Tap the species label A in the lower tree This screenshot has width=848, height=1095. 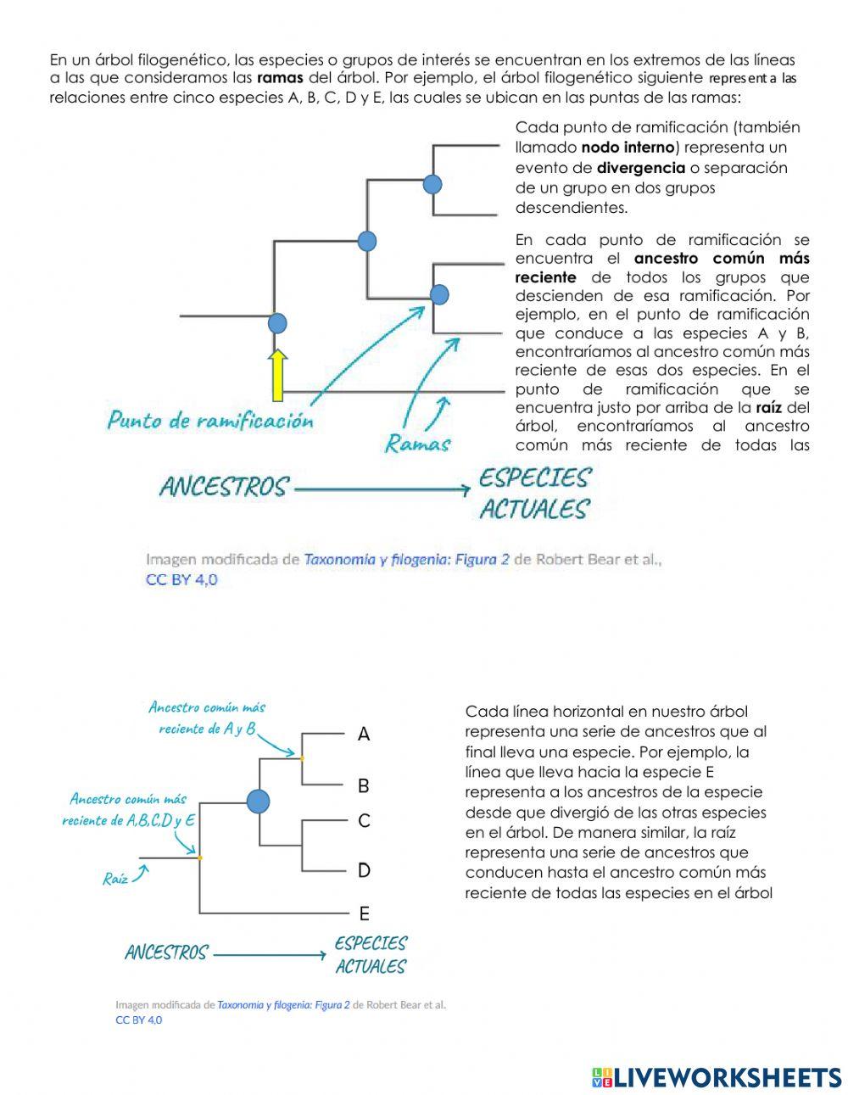point(364,735)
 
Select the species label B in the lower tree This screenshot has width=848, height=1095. point(364,786)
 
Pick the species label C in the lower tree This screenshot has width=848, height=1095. point(364,821)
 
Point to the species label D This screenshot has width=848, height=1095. point(364,870)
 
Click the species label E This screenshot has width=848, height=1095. point(364,913)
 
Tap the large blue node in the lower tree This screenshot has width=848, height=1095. point(258,801)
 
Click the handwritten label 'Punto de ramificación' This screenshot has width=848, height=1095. point(209,420)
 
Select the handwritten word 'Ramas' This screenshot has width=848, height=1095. point(418,443)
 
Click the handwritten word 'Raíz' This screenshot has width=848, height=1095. point(115,879)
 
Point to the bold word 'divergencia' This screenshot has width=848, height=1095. point(640,168)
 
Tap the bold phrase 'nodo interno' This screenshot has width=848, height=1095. point(628,148)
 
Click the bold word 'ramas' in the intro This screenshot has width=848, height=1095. point(280,78)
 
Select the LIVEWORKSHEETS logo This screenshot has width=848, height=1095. point(717,1077)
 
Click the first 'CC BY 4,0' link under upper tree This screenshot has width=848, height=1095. point(181,580)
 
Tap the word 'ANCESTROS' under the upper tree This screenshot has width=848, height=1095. point(224,488)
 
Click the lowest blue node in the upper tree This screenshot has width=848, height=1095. point(277,323)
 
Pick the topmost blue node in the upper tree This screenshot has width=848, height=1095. point(432,184)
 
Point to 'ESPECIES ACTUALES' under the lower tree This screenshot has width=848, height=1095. point(371,954)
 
